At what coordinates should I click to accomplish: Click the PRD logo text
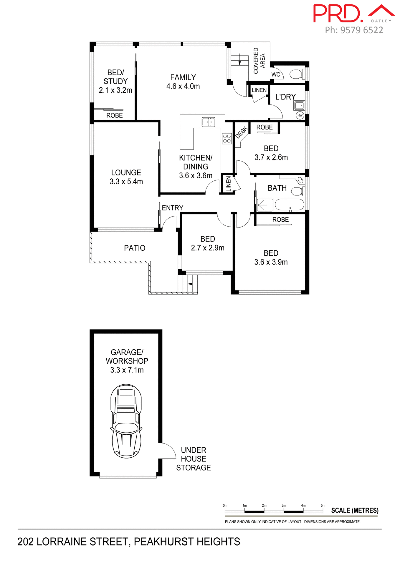tap(337, 14)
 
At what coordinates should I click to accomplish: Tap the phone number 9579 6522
tap(361, 30)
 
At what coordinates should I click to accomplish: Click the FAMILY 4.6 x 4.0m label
tap(183, 82)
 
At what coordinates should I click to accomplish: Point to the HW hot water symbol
tap(300, 115)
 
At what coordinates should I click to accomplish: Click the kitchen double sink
tap(208, 122)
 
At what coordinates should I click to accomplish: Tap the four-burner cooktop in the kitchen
tap(227, 139)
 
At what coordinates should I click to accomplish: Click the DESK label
tap(242, 132)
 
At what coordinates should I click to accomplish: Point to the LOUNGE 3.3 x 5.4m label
tap(126, 177)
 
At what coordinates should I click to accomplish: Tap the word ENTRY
tap(172, 208)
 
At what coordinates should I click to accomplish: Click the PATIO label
tap(135, 248)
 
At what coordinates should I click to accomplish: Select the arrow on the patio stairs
tap(193, 284)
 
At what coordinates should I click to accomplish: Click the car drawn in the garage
tap(126, 421)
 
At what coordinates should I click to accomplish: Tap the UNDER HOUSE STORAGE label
tap(194, 459)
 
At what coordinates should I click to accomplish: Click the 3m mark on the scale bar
tap(284, 506)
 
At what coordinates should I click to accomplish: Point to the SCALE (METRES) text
tap(355, 510)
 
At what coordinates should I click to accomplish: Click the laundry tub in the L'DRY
tap(299, 105)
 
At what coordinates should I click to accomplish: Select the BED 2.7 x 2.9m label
tap(208, 243)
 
